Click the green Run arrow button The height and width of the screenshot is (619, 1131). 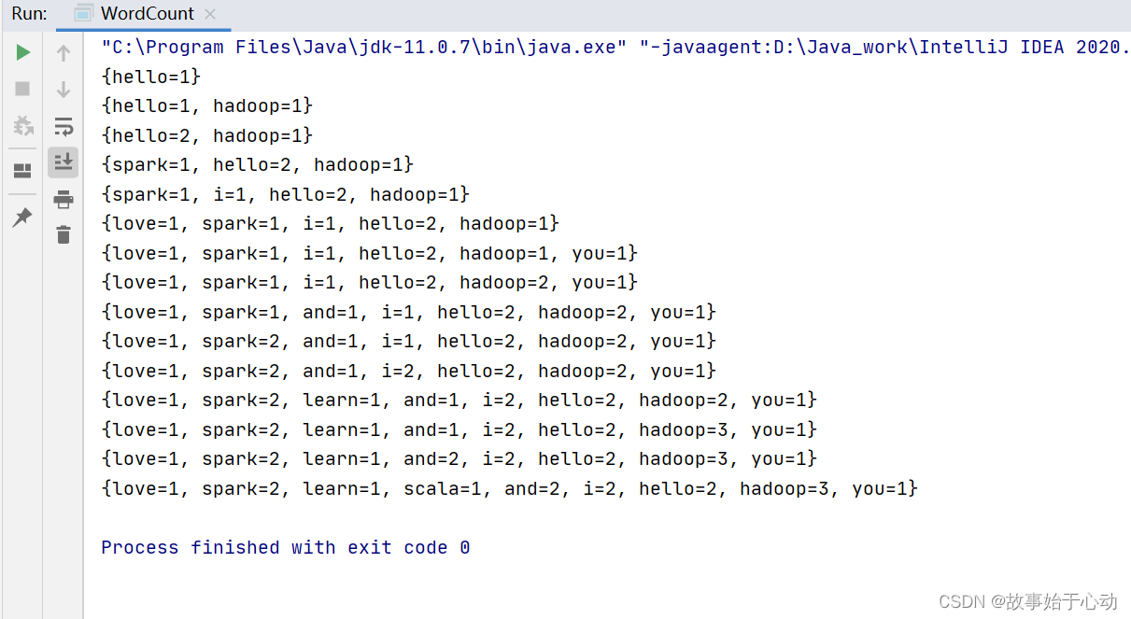[x=23, y=52]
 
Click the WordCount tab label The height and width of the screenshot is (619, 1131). [x=148, y=14]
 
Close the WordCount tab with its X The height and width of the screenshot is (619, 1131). [x=210, y=14]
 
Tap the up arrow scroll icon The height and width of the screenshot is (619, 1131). [x=64, y=53]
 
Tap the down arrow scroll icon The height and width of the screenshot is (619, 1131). [x=64, y=90]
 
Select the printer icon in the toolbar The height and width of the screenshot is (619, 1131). [x=64, y=199]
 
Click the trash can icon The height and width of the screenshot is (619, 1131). [x=64, y=234]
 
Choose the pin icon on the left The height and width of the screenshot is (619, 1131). [x=22, y=217]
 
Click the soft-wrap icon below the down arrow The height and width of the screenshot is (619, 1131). [x=64, y=126]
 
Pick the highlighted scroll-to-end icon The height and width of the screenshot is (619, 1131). [x=64, y=162]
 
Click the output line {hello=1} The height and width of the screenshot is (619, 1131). [x=151, y=77]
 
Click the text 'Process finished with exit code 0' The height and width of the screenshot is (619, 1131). [x=286, y=548]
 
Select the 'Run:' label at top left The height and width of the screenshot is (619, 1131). [x=29, y=14]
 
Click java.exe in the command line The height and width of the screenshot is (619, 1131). [x=579, y=48]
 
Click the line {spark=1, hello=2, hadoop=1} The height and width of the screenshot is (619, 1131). [x=258, y=165]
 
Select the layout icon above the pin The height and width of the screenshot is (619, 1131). [x=22, y=171]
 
